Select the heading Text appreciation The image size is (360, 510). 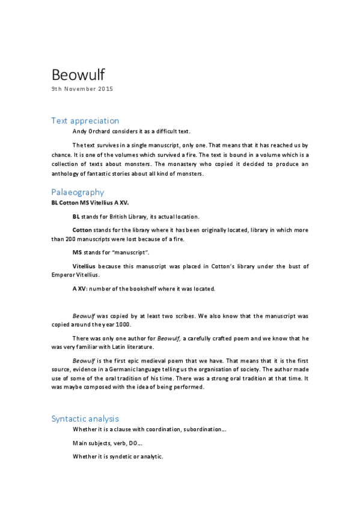85,120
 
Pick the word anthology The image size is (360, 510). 66,174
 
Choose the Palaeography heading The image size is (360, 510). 78,192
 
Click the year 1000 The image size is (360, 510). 130,325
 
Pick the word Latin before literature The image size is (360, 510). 141,348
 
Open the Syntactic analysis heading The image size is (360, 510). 85,419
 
